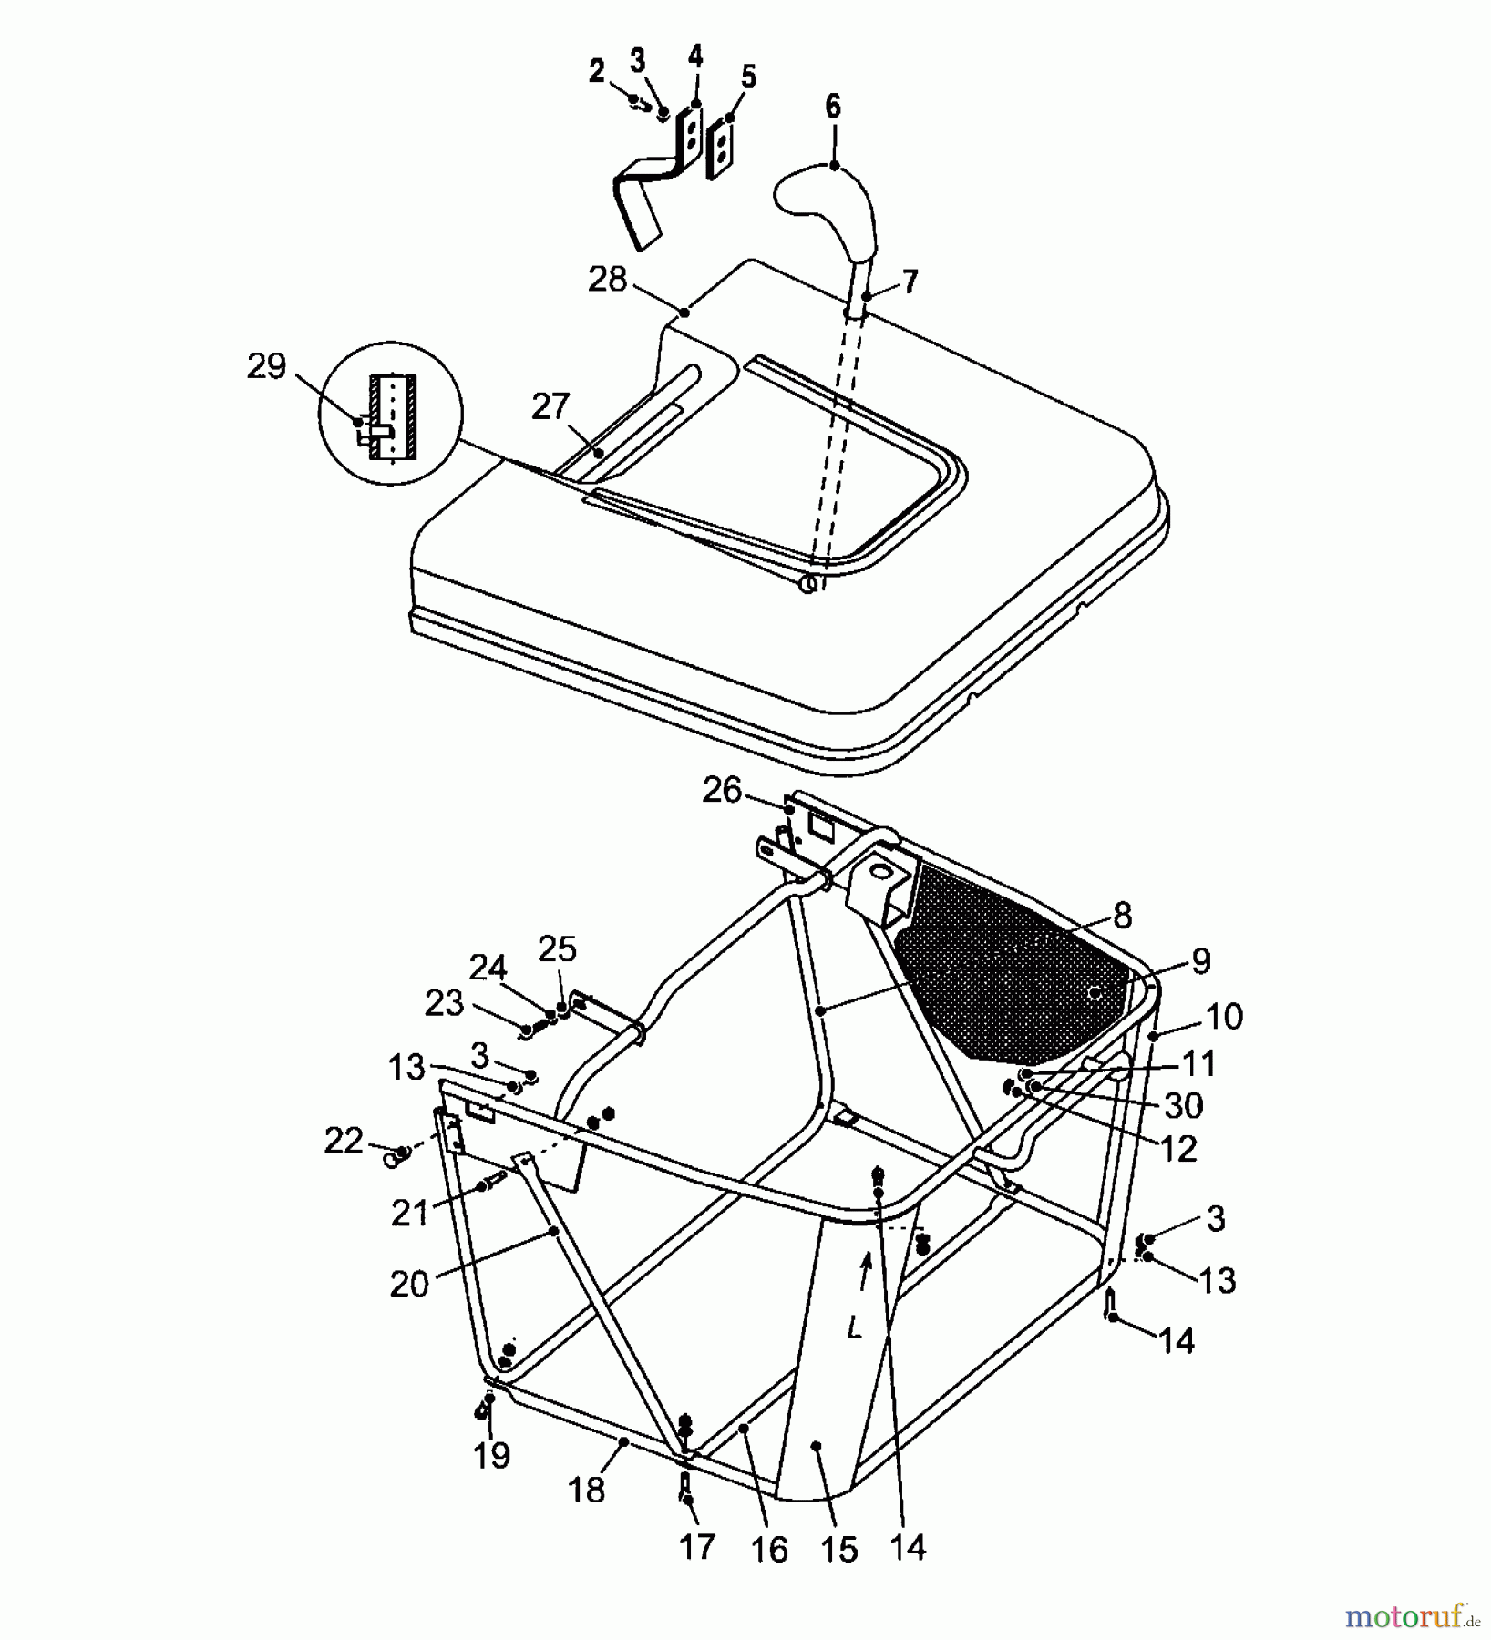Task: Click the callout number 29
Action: [266, 366]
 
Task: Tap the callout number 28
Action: [608, 279]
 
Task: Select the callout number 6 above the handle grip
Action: [833, 107]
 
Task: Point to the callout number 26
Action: [722, 790]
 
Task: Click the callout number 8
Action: [1122, 915]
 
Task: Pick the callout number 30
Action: [1184, 1105]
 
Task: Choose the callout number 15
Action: [838, 1550]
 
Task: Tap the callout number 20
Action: [409, 1285]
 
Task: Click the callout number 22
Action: [344, 1141]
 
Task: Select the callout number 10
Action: [1224, 1016]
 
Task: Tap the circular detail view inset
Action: [391, 415]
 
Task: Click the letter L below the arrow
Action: [854, 1328]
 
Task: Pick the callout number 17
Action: [697, 1546]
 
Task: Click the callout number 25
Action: [557, 949]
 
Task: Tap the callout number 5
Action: [748, 77]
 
